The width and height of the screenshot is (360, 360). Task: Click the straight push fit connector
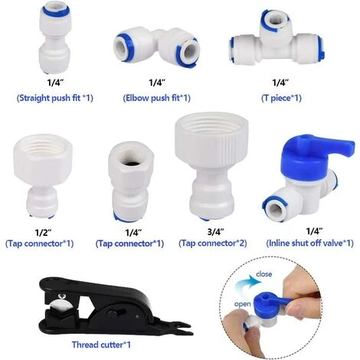[55, 38]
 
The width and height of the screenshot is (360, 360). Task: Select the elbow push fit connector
[156, 48]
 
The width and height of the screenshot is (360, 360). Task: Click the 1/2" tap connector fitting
[42, 174]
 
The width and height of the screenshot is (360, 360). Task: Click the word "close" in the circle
[263, 274]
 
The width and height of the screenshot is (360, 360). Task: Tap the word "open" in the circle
[242, 304]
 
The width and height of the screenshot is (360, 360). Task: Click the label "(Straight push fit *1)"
[55, 98]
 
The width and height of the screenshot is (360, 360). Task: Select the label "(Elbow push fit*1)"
[157, 98]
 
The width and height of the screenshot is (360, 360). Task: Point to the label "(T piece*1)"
[281, 98]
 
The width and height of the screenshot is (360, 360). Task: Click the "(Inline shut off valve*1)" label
[310, 243]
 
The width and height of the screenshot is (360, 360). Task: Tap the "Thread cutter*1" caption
[101, 345]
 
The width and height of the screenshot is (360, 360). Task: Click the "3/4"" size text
[216, 232]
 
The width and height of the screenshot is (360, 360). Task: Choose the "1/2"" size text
[43, 233]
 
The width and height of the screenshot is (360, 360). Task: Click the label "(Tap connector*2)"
[213, 244]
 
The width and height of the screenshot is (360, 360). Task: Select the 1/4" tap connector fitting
[130, 182]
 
